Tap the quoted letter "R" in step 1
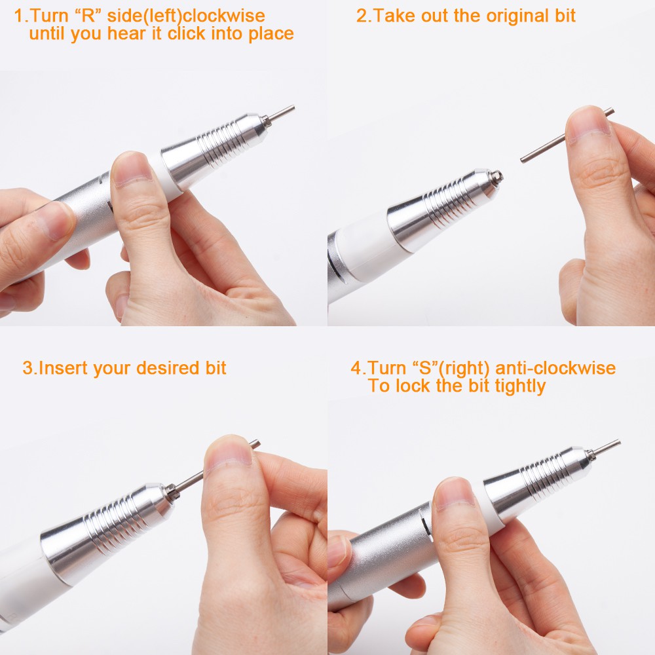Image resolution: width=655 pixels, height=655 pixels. [87, 16]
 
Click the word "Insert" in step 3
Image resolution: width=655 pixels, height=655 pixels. [64, 368]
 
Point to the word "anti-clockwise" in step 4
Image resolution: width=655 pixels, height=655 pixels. [555, 368]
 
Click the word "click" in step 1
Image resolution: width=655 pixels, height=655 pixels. [187, 33]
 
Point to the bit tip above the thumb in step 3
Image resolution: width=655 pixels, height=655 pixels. [255, 445]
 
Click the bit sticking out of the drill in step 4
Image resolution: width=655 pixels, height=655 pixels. [605, 448]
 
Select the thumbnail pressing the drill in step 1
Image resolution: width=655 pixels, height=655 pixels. [131, 169]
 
